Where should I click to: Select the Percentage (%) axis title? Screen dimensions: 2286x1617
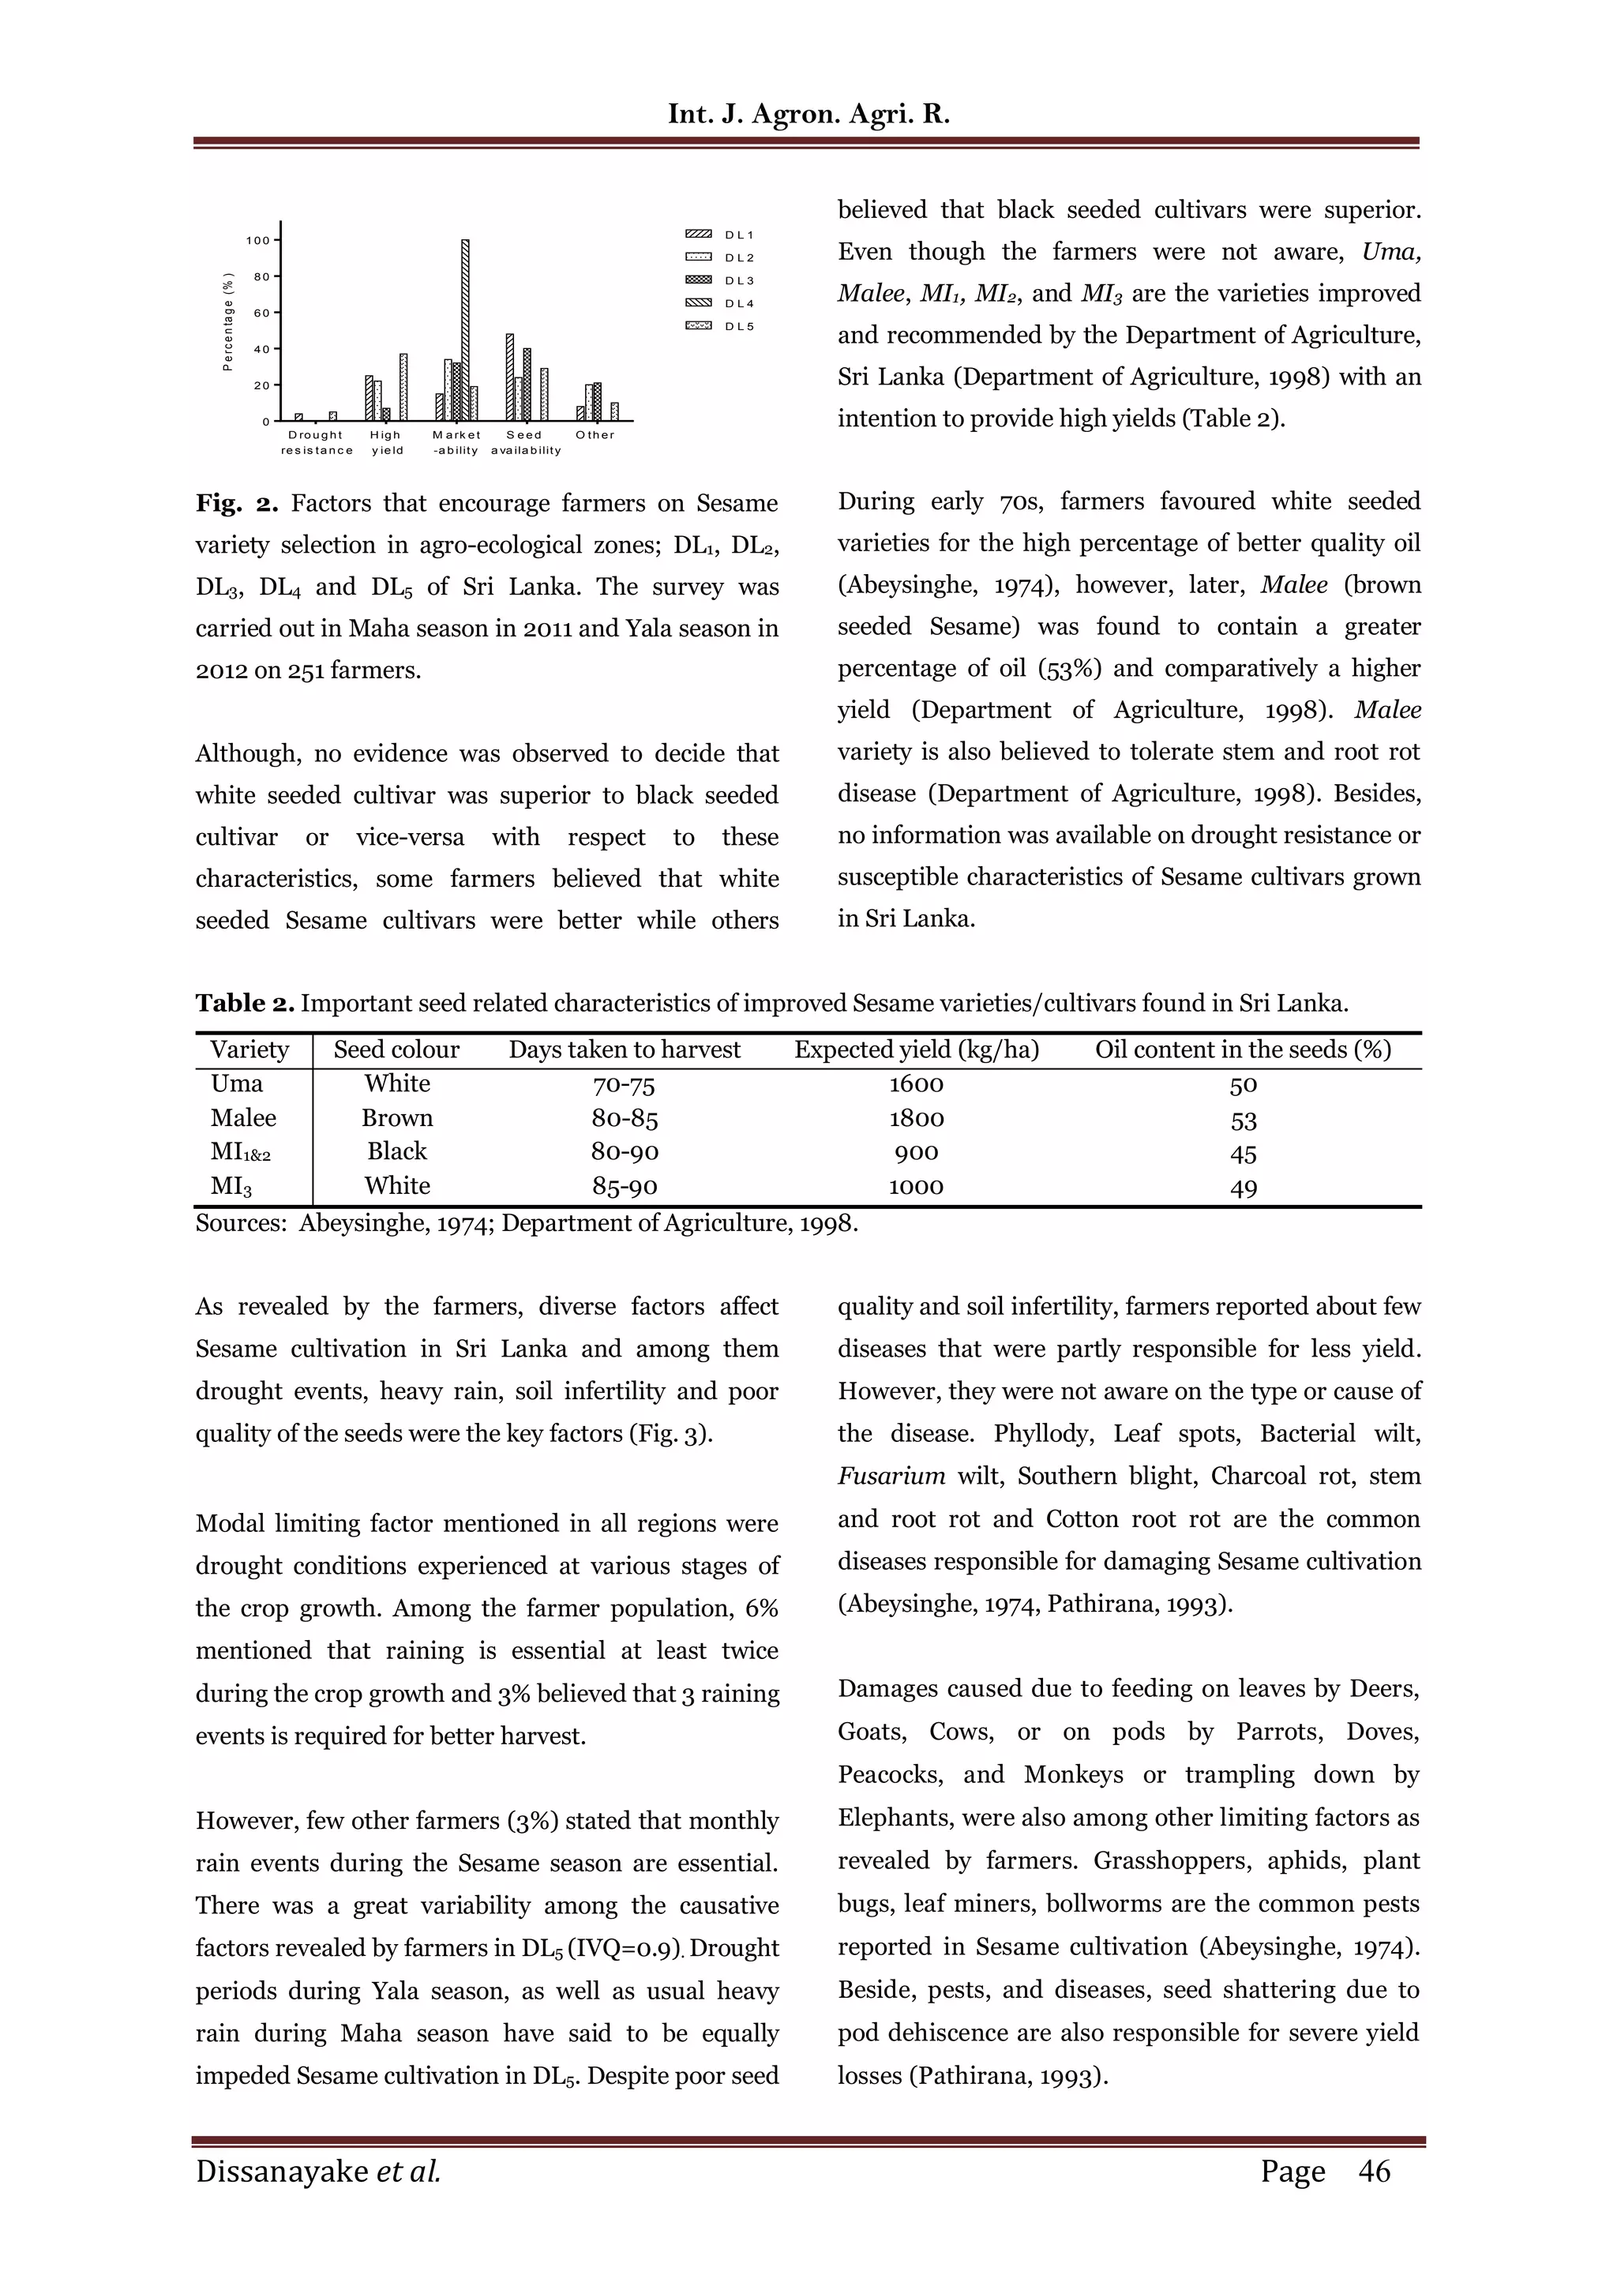[x=227, y=321]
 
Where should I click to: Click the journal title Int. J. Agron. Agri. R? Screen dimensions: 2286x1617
[x=808, y=114]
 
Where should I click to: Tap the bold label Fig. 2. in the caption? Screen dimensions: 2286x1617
[x=236, y=503]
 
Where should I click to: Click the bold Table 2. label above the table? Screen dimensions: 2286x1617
[x=244, y=1003]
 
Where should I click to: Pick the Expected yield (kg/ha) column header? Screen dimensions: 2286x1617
[x=916, y=1049]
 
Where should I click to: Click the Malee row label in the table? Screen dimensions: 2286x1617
[x=243, y=1117]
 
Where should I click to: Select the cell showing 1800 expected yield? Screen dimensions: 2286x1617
[x=916, y=1118]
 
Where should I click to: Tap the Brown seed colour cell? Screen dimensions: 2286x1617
[x=396, y=1118]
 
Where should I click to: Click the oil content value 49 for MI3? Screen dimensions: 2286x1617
[x=1243, y=1187]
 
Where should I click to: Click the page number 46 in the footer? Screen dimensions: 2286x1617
[x=1374, y=2171]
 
